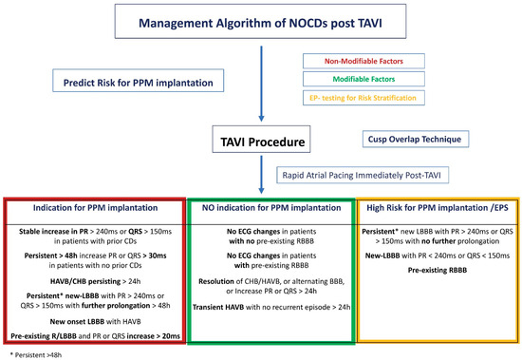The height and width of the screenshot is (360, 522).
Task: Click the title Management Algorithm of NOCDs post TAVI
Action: pos(260,24)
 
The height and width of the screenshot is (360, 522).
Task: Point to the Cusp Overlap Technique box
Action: pos(415,139)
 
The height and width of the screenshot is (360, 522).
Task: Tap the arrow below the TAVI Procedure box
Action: pos(261,175)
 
